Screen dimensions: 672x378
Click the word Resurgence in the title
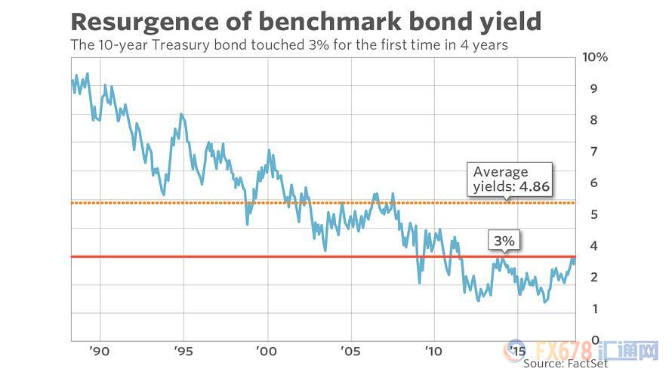pos(145,23)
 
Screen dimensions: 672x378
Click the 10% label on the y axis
pos(595,57)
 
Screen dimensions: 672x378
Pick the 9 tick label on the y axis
pos(593,88)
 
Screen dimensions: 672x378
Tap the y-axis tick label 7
pos(593,152)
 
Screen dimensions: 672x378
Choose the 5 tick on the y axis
pos(593,214)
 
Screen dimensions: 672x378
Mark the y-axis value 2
pos(593,278)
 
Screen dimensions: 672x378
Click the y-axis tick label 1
pos(594,309)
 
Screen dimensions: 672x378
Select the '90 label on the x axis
pos(100,352)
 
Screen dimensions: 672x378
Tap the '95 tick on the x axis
pos(183,352)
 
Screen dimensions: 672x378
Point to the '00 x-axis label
pos(266,352)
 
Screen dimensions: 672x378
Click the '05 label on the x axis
pos(350,352)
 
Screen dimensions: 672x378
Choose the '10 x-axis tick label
pos(433,352)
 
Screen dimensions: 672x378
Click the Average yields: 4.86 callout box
pos(510,180)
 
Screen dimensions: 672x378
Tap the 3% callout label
pos(504,241)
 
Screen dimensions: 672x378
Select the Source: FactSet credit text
pos(566,364)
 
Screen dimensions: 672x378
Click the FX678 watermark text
pos(564,351)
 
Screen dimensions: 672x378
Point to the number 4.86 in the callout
pos(534,186)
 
